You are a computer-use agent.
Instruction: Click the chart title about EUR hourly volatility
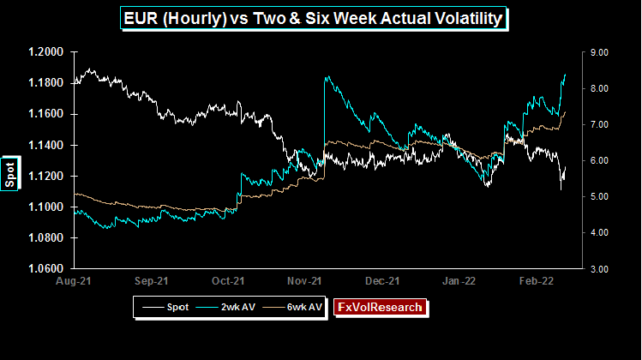[321, 17]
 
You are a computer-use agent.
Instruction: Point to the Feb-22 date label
[539, 280]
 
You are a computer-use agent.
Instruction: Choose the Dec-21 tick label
[383, 280]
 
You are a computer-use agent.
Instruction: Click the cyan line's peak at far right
[566, 75]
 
